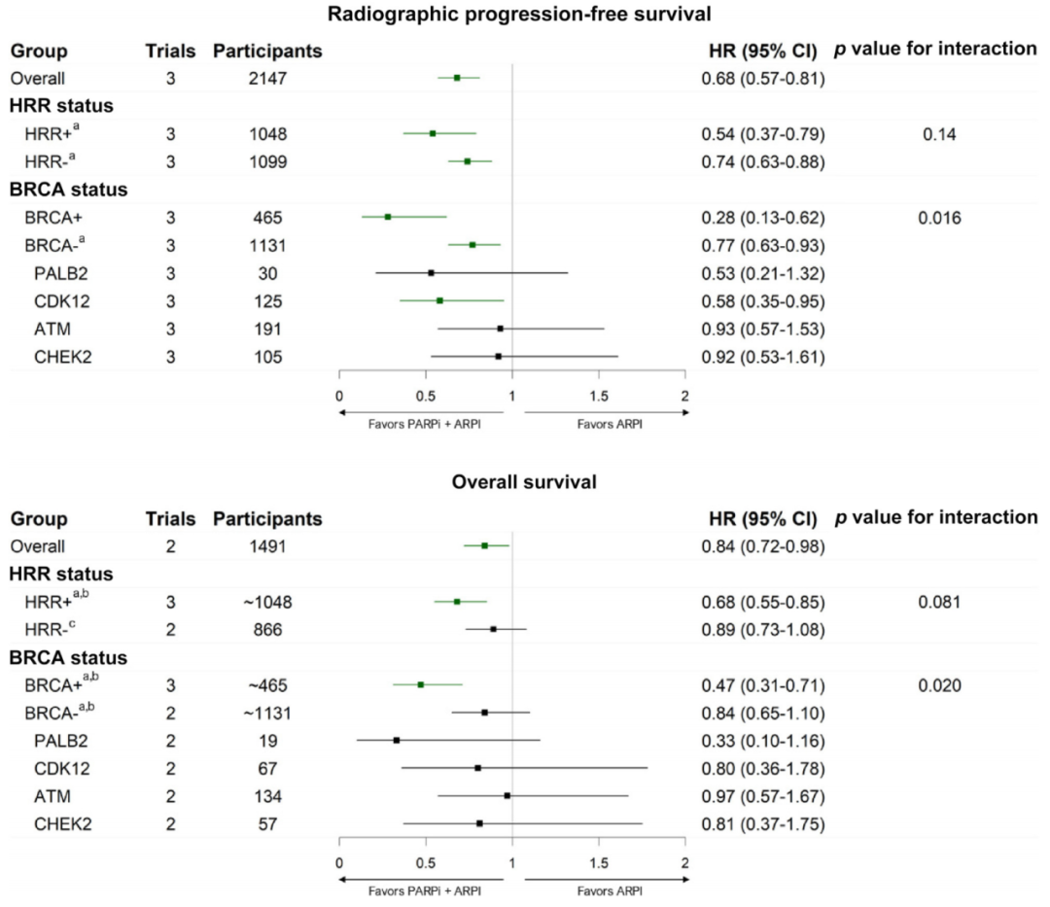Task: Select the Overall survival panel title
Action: (524, 481)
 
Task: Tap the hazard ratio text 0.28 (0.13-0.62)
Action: (762, 218)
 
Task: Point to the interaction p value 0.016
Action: (939, 218)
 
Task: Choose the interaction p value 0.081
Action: (939, 603)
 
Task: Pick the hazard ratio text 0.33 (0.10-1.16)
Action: (762, 741)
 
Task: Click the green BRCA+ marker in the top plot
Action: (387, 217)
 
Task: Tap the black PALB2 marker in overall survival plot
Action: (397, 741)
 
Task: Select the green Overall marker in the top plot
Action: (457, 77)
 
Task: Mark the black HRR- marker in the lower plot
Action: (493, 629)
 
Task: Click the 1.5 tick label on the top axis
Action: (599, 396)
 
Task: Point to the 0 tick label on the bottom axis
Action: (338, 863)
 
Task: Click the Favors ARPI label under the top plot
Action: (609, 424)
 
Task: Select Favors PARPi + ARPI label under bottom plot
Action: (423, 890)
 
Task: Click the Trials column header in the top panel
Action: (170, 51)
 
